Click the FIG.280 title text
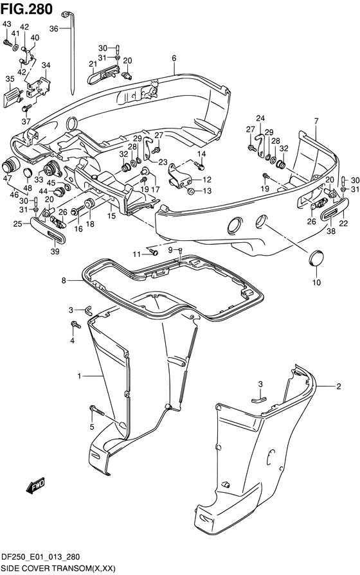click(x=26, y=9)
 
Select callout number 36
click(x=53, y=29)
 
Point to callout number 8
click(x=64, y=281)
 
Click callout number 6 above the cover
click(x=174, y=58)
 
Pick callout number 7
click(x=316, y=121)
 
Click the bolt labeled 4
click(x=76, y=324)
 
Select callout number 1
click(x=79, y=376)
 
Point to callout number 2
click(x=339, y=385)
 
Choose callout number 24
click(x=260, y=118)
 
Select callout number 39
click(x=55, y=251)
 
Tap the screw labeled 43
click(x=7, y=43)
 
